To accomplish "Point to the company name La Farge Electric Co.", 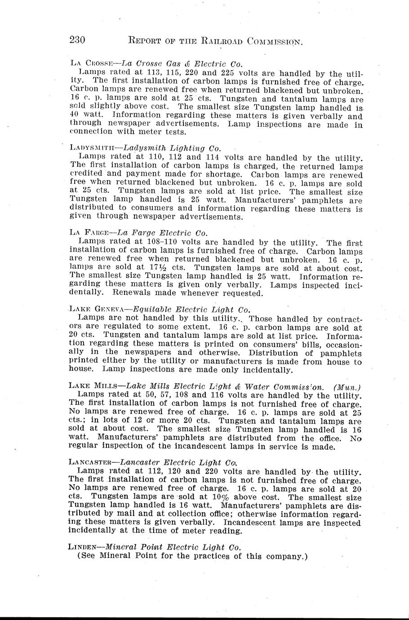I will click(x=162, y=233).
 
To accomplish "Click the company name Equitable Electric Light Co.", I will click(x=191, y=309).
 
